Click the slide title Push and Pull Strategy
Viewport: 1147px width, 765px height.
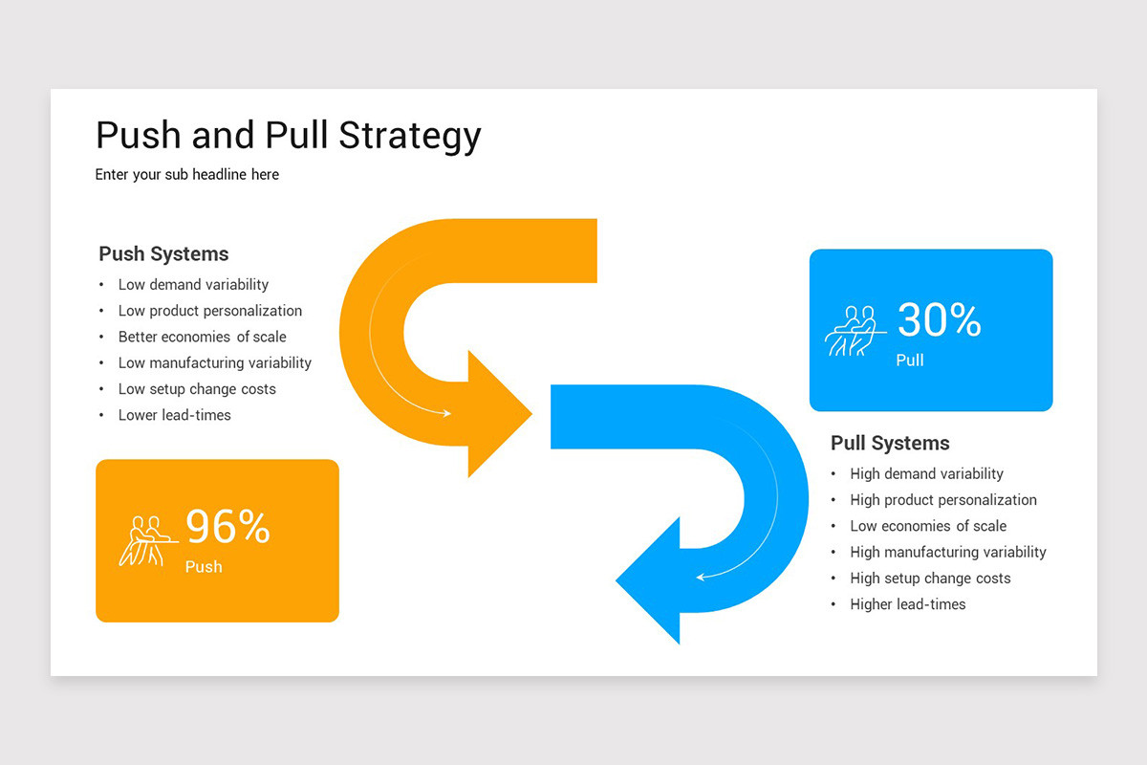[x=288, y=136]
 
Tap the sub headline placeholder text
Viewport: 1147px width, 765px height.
[x=187, y=175]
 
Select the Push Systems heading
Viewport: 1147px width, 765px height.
[x=163, y=254]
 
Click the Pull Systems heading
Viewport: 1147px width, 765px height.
[x=890, y=444]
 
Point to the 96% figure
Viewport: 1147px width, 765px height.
[x=227, y=527]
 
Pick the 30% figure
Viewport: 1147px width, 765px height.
[x=939, y=320]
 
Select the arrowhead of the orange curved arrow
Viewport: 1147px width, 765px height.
[x=497, y=414]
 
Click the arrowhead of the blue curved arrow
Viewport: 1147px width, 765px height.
[x=650, y=579]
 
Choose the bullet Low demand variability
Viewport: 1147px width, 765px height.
[x=193, y=285]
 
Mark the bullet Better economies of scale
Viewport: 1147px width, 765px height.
[x=202, y=337]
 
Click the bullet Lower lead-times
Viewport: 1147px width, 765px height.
[x=174, y=415]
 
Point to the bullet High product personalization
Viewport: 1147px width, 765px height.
[x=942, y=500]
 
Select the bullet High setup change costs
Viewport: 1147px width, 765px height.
[x=929, y=579]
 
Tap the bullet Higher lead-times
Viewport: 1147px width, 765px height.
[x=907, y=604]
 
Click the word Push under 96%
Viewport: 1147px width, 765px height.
[x=204, y=567]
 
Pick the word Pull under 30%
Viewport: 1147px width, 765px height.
[x=910, y=361]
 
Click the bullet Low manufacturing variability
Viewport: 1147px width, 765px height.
[x=214, y=363]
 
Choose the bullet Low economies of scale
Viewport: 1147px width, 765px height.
[x=927, y=526]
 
